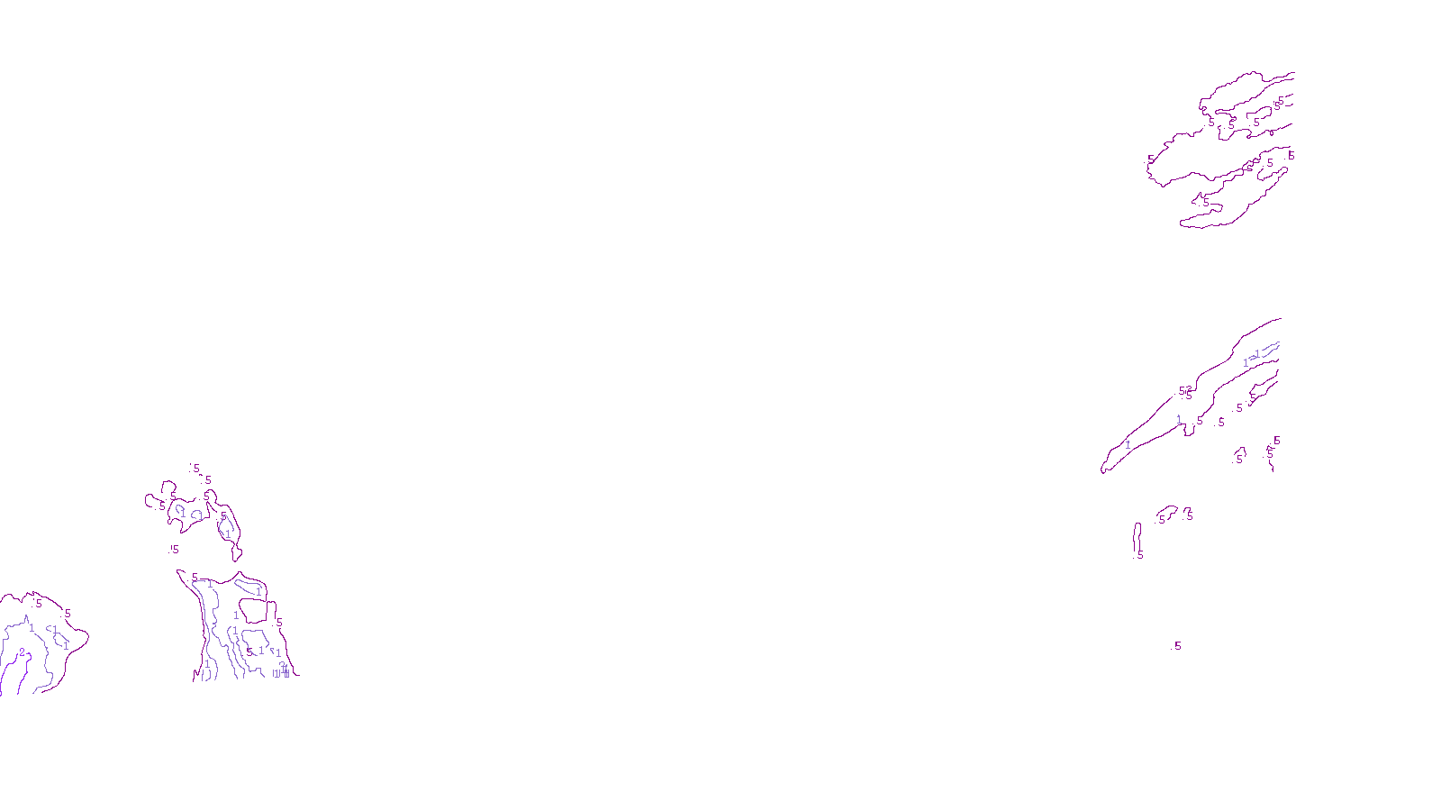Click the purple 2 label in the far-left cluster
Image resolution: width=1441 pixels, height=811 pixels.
[x=23, y=652]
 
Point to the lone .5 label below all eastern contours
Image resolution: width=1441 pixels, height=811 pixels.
[x=1176, y=646]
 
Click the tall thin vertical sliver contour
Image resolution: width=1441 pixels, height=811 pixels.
[x=1137, y=537]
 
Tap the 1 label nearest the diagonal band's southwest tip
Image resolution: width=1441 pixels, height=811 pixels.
[x=1128, y=444]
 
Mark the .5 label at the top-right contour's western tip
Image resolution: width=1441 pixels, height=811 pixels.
[x=1151, y=159]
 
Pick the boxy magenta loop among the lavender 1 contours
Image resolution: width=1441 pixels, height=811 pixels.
[x=253, y=611]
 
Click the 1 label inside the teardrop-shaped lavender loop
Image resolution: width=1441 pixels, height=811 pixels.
[x=227, y=533]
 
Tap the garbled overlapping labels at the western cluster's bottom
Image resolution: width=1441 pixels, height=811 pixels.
[x=282, y=671]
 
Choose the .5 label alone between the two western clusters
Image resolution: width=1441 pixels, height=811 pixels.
[x=174, y=549]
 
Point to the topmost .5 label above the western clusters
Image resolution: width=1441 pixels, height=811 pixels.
[x=195, y=469]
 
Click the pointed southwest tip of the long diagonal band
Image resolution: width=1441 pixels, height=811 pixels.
[x=1103, y=469]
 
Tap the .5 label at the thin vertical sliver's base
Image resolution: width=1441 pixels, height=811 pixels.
[x=1140, y=555]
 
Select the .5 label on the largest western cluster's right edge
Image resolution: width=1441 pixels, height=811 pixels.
[x=279, y=623]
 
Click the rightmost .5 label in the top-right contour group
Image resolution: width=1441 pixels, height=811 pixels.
[x=1291, y=156]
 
